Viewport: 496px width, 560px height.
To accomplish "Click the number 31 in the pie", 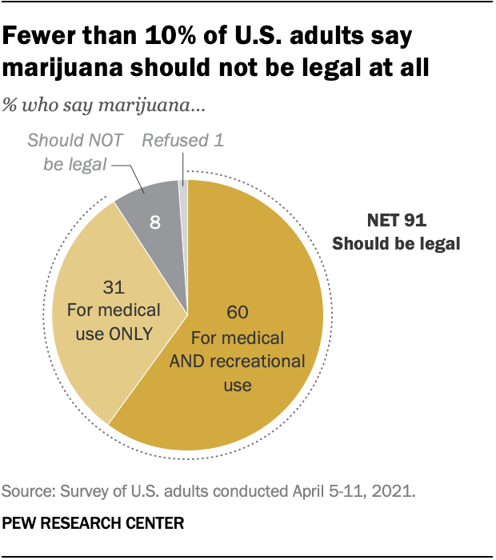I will tap(115, 285).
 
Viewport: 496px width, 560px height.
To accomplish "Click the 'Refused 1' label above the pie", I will tap(182, 141).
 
